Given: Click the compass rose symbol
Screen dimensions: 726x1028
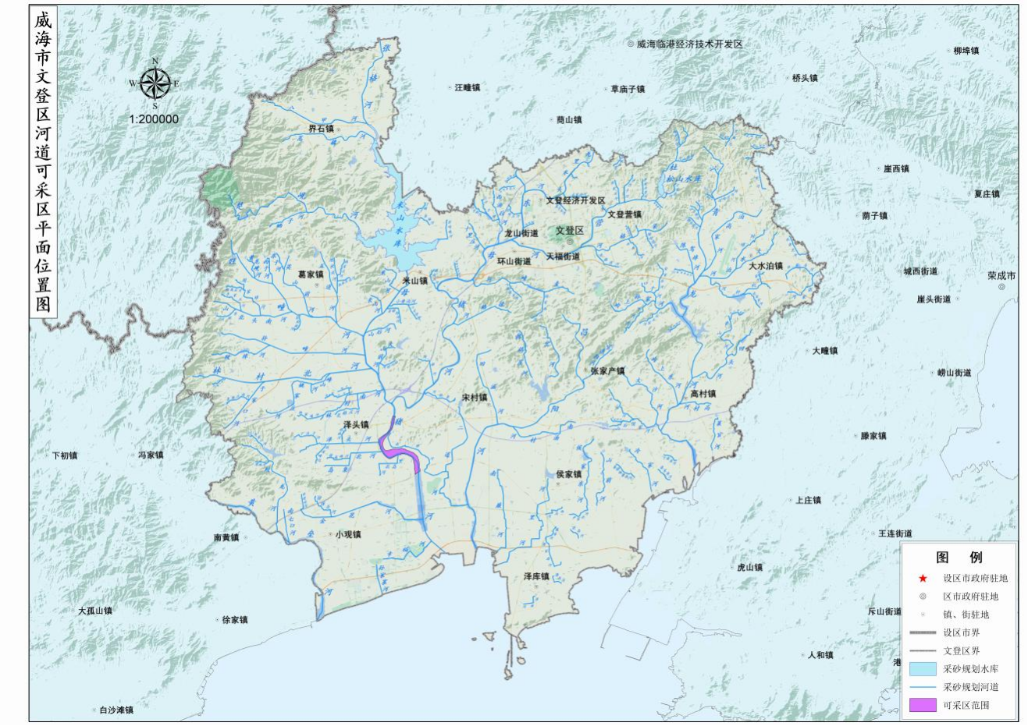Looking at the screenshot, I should (155, 83).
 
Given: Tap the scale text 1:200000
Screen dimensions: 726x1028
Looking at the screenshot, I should (154, 119).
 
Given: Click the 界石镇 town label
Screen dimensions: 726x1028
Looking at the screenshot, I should (321, 129).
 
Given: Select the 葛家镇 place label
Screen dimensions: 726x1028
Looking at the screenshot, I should (311, 274).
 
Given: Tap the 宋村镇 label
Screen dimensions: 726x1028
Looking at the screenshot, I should (474, 397).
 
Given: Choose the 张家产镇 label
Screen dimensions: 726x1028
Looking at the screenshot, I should (607, 371).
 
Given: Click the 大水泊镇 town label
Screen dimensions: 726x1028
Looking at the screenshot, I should (765, 266).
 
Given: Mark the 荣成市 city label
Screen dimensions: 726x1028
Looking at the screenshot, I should (1001, 276).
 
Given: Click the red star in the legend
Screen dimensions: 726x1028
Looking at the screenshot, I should (923, 579).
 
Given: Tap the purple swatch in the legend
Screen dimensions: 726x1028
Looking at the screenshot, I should (922, 705).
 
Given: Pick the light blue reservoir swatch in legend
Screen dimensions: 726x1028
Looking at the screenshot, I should (922, 669).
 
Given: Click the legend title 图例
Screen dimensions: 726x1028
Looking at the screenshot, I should (959, 558).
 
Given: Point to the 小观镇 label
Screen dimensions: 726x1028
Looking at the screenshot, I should (348, 535).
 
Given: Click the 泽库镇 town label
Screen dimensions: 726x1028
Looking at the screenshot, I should (536, 576).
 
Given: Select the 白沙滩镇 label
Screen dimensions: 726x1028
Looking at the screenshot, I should (116, 710).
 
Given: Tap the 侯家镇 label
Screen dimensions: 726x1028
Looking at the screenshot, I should (568, 474).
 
